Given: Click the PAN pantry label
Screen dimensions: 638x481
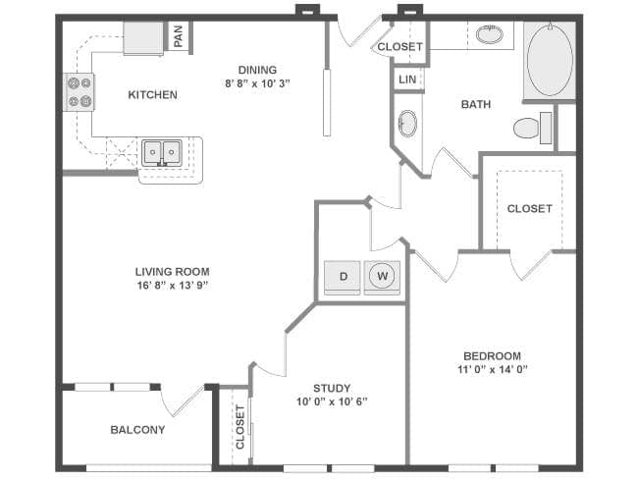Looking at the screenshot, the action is tap(179, 35).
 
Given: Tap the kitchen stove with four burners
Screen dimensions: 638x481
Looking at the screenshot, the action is tap(80, 91).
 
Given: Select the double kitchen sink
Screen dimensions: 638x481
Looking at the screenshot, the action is tap(162, 153).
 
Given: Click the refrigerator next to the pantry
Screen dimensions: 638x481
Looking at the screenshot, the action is tap(143, 38).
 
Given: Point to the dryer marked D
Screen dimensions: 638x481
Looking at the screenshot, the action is tap(343, 278).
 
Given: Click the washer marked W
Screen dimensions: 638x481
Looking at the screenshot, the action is tap(382, 278).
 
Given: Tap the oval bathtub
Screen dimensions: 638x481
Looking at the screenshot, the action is tap(550, 60).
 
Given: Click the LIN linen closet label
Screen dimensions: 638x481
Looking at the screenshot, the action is tap(407, 80).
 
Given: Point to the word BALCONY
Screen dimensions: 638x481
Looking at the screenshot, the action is tap(137, 430).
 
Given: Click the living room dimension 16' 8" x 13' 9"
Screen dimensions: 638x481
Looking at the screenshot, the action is tap(173, 286).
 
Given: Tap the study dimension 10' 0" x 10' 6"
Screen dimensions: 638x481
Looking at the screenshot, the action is tap(332, 402).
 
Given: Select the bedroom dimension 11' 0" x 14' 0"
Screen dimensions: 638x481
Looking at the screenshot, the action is tap(493, 369).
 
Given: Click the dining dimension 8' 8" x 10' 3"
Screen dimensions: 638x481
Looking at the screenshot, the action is tap(257, 83).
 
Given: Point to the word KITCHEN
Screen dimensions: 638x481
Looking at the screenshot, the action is tap(152, 95).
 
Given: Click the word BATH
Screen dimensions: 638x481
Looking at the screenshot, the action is tap(476, 105).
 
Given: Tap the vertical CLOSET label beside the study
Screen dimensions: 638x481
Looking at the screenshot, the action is tap(240, 427).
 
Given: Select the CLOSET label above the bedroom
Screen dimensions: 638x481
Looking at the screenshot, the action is tap(529, 209).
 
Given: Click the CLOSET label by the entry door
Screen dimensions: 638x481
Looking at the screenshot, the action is tap(399, 47).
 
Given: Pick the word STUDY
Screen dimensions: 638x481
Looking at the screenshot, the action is tap(332, 388).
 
